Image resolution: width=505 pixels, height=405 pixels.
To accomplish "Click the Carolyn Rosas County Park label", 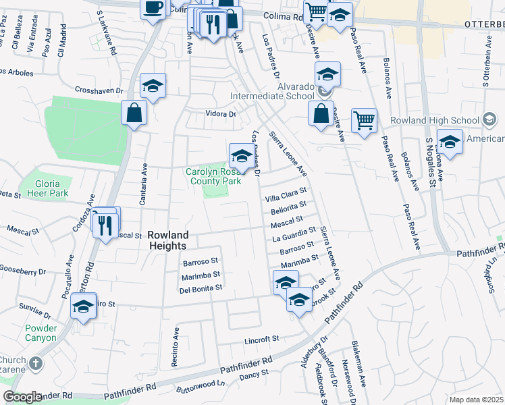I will pos(213,177).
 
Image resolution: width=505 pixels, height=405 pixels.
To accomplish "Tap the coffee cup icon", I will pos(153,8).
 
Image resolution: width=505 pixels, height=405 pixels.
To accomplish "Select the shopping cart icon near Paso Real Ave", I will pos(364,121).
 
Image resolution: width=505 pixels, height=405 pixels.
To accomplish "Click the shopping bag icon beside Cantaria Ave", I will pos(134,113).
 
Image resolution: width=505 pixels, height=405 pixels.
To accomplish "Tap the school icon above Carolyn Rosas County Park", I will pos(241,156).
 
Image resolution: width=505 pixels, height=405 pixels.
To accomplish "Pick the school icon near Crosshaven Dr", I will pos(153,86).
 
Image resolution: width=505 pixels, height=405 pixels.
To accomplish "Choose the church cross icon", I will pos(36,363).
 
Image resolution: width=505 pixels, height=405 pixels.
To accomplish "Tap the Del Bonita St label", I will pos(201,288).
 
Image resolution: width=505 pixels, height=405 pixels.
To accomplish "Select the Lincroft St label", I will pos(262,339).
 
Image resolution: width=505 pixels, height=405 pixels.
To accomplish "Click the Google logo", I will pos(22,397).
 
